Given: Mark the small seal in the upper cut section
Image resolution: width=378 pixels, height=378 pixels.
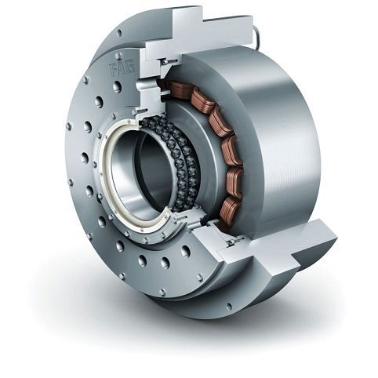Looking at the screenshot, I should (167, 60).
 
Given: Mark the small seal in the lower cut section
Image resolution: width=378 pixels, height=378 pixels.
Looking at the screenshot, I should (233, 244).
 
